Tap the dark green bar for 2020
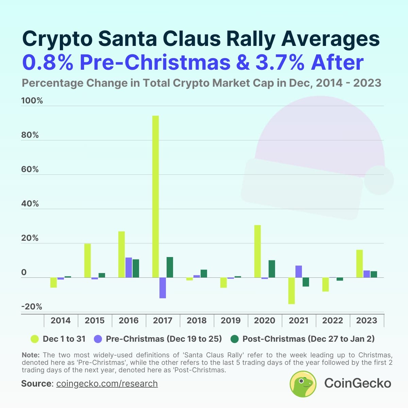coord(272,269)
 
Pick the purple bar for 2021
coord(299,271)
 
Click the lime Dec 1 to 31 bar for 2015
coord(87,260)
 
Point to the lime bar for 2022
coord(325,284)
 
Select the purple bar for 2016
coord(129,267)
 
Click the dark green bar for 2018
coord(204,273)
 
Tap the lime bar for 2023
coord(359,263)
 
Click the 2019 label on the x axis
coord(231,320)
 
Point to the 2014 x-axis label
coord(61,320)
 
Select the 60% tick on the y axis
coord(30,169)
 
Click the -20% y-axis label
coord(32,307)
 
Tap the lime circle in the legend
coord(35,339)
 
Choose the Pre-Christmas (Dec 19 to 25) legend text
coord(164,339)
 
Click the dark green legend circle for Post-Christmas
coord(235,339)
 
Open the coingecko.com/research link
coord(107,384)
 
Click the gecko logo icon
coord(303,384)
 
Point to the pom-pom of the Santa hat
coord(379,180)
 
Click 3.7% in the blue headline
coord(279,62)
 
